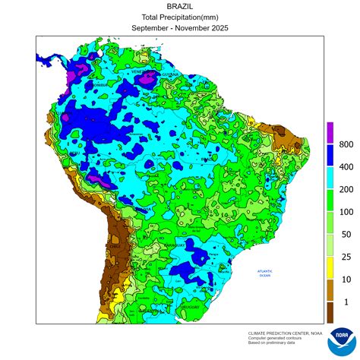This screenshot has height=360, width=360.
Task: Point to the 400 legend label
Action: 346,166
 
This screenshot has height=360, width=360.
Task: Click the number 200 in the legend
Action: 346,189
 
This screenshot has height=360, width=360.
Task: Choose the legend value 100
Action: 346,212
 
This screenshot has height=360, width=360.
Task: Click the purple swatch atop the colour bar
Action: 330,133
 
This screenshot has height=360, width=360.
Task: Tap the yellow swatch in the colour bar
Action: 330,268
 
